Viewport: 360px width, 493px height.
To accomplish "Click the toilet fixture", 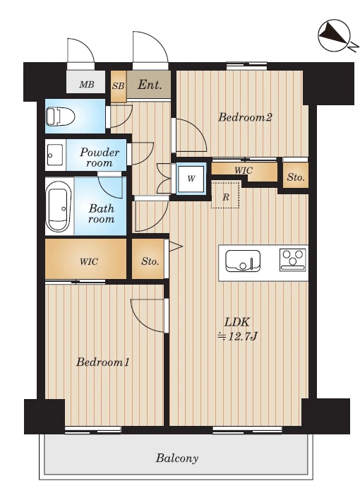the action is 61,117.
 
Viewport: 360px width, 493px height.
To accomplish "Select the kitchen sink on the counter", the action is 243,261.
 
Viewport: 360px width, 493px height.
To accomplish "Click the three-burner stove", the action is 293,259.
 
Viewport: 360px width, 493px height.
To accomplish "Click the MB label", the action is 86,84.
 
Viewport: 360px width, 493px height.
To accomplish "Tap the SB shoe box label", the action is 119,86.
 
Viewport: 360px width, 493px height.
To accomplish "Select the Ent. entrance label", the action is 150,85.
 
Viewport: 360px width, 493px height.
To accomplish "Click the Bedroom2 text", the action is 245,117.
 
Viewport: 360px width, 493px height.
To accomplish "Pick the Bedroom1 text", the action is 103,362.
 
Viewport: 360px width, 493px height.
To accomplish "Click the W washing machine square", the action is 191,179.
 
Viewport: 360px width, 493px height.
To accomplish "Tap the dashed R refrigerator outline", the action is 225,195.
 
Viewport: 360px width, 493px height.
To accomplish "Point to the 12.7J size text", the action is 238,337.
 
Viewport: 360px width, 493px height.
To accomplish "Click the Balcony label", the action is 177,458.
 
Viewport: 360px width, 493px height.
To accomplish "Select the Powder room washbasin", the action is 54,155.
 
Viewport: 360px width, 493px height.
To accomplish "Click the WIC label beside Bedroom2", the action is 244,170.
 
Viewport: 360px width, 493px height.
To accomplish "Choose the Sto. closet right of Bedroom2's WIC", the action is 296,175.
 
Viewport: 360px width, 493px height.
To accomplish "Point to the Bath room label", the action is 101,213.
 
